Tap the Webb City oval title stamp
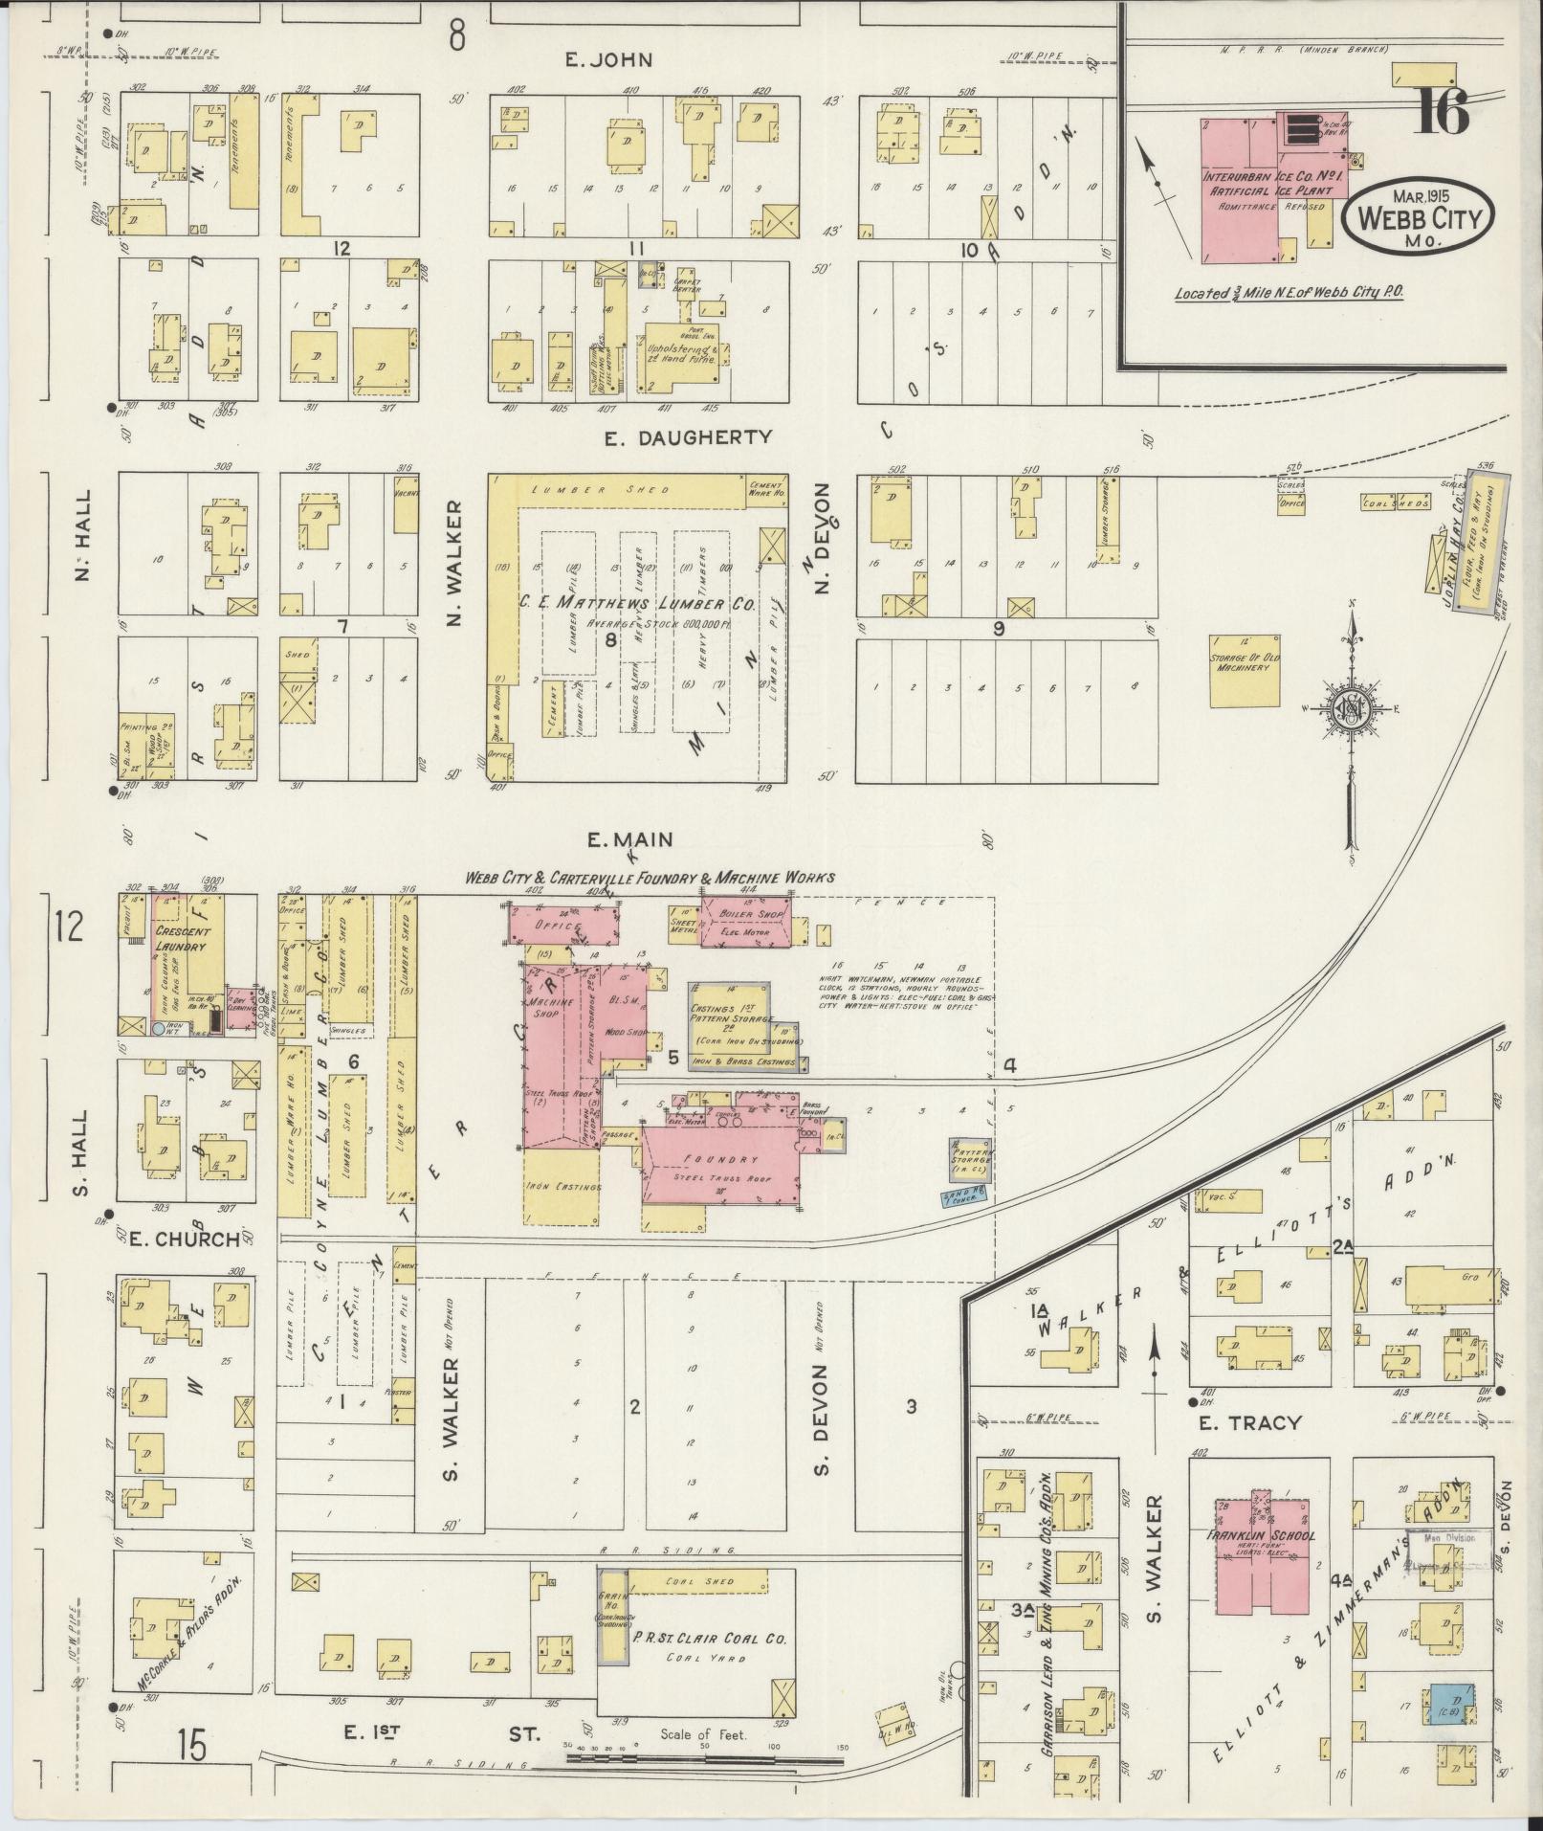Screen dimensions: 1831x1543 (x=1418, y=218)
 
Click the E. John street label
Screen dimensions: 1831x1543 (x=608, y=60)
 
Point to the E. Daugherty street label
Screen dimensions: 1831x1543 (x=689, y=436)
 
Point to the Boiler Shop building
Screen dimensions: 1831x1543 (x=746, y=921)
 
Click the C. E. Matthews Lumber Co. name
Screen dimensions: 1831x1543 (x=637, y=604)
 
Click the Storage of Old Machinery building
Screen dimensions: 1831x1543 (x=1245, y=671)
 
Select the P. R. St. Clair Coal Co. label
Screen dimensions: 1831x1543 (x=710, y=1638)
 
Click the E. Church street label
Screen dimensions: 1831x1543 (x=183, y=1239)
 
